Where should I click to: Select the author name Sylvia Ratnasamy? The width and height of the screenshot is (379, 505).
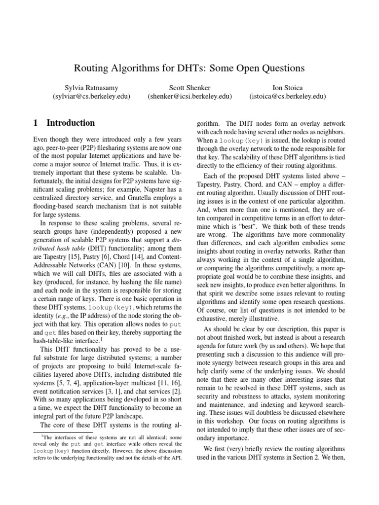click(91, 88)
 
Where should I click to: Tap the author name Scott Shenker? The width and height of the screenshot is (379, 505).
click(189, 88)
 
